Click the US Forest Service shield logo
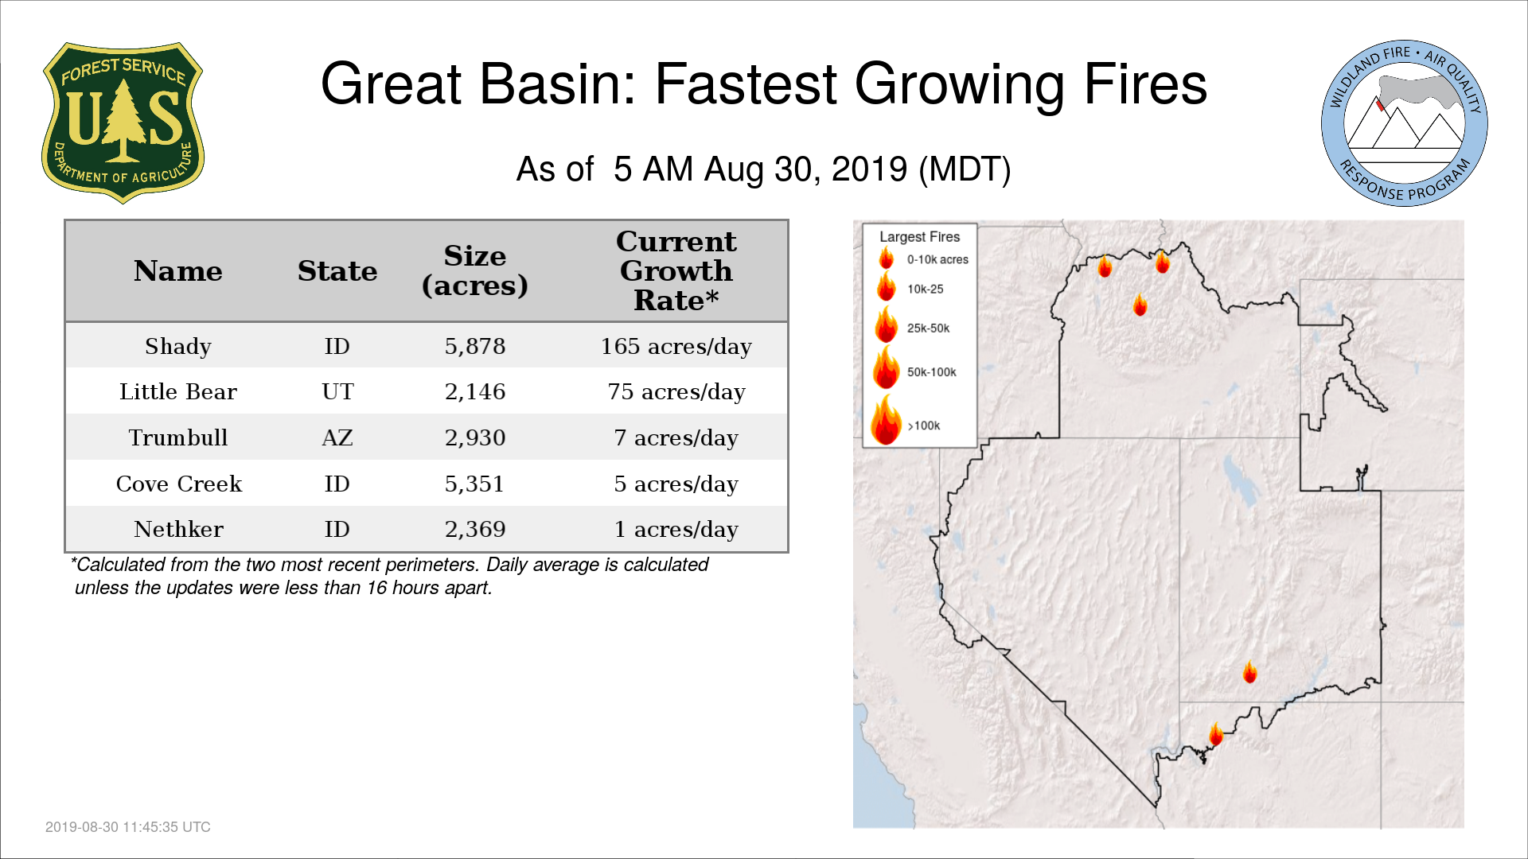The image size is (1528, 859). click(x=123, y=122)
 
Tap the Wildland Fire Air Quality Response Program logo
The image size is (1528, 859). click(x=1405, y=123)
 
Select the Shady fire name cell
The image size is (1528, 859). click(x=178, y=347)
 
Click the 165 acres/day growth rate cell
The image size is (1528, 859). click(x=676, y=347)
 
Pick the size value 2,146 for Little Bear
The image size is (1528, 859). click(x=475, y=392)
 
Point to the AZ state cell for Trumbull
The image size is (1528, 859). click(x=337, y=438)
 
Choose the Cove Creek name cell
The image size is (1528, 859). click(x=178, y=484)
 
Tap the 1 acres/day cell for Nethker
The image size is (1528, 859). click(x=676, y=530)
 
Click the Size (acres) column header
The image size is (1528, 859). click(x=475, y=270)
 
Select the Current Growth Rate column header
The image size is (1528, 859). click(x=676, y=270)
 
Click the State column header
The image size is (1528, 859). click(x=337, y=271)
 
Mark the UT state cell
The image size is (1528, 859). click(x=337, y=392)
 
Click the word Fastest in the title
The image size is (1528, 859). click(x=745, y=84)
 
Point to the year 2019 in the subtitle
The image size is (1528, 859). click(x=869, y=169)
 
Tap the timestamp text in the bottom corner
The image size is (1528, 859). click(x=128, y=827)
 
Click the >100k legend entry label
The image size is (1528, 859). click(x=924, y=426)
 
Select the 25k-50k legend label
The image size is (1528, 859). click(x=928, y=328)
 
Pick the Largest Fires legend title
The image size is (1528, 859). click(x=919, y=237)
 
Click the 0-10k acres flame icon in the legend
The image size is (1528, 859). click(x=886, y=258)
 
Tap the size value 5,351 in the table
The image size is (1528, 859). click(x=475, y=484)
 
